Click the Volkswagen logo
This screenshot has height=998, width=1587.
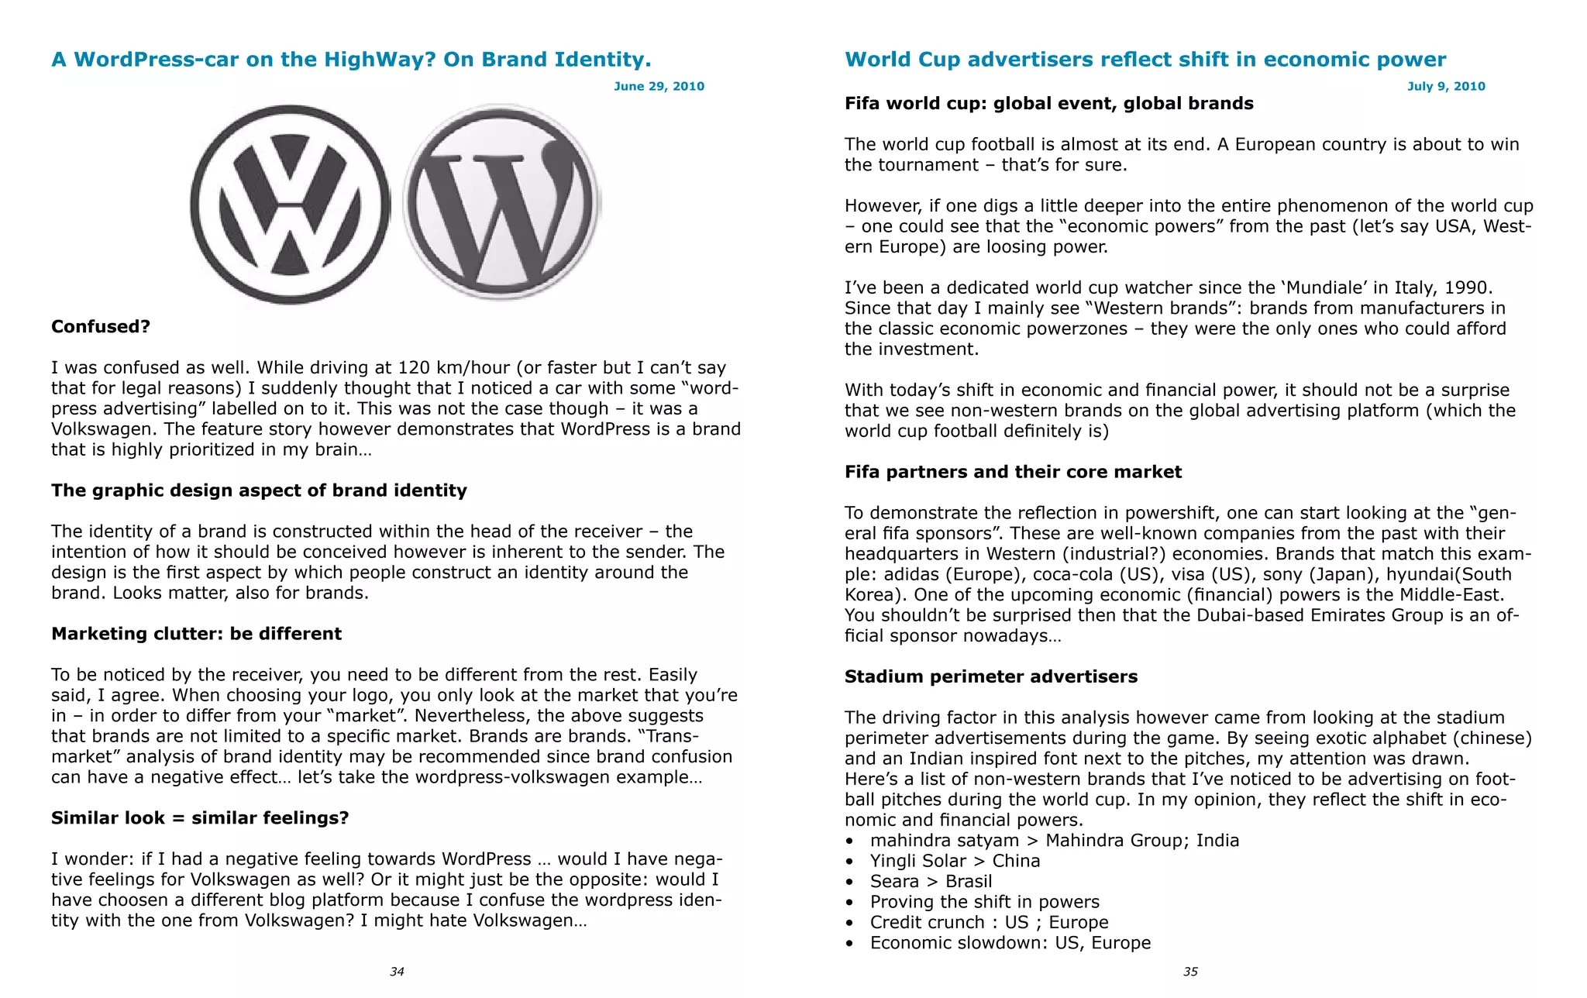[x=290, y=205]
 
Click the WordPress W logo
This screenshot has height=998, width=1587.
[x=501, y=203]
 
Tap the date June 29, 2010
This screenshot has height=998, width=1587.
[x=659, y=86]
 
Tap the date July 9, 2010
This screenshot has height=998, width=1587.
[x=1446, y=86]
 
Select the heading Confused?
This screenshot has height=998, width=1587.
[x=101, y=326]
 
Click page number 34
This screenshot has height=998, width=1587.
[x=397, y=972]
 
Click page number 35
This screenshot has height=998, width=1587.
[x=1190, y=972]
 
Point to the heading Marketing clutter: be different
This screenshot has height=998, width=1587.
[x=196, y=634]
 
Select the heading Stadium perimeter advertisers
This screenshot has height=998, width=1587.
[x=990, y=676]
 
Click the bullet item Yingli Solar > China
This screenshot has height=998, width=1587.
[x=955, y=861]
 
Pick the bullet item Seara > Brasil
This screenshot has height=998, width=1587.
[x=931, y=881]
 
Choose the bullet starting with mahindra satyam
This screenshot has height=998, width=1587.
[x=1054, y=841]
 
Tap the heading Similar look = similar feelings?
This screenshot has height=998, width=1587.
[x=200, y=818]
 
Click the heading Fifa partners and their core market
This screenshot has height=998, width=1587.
[x=1013, y=472]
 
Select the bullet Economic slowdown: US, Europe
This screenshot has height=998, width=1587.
[x=1010, y=943]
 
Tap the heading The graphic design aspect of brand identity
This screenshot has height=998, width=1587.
[x=259, y=490]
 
